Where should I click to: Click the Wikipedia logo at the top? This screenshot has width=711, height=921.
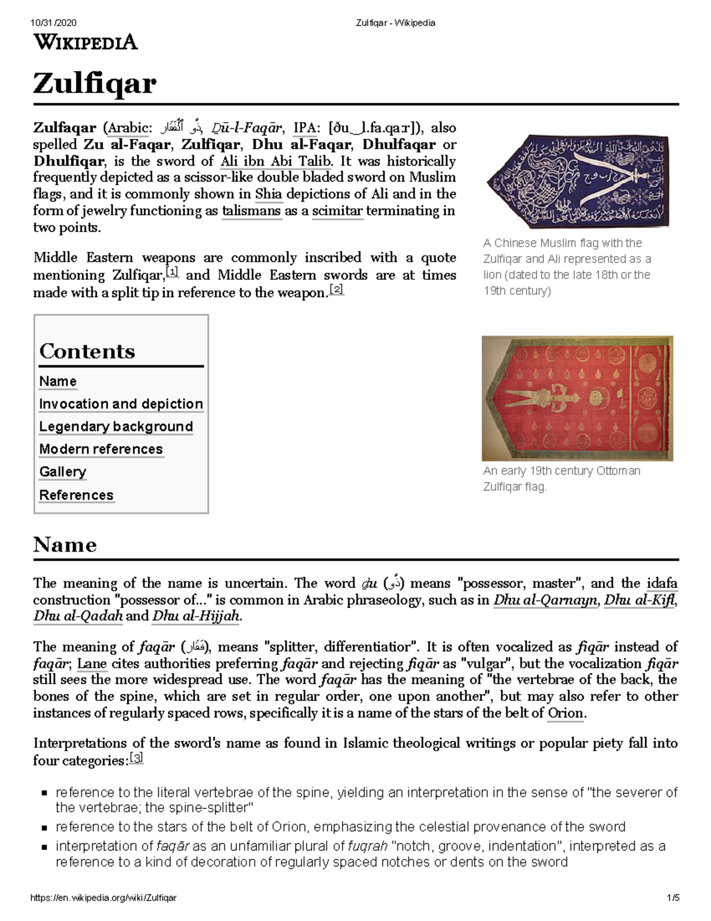pyautogui.click(x=85, y=42)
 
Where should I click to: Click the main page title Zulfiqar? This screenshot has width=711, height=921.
pyautogui.click(x=95, y=84)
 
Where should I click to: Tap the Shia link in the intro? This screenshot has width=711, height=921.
pyautogui.click(x=268, y=194)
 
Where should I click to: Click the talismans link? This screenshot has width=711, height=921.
pyautogui.click(x=251, y=211)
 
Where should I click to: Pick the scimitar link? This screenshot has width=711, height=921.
pyautogui.click(x=337, y=211)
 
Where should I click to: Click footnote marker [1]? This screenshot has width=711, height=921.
pyautogui.click(x=172, y=272)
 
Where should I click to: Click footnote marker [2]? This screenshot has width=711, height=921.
pyautogui.click(x=336, y=289)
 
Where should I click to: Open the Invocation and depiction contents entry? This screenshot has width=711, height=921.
pyautogui.click(x=121, y=404)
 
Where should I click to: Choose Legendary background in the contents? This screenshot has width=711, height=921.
pyautogui.click(x=116, y=426)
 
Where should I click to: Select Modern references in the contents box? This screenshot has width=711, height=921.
pyautogui.click(x=101, y=449)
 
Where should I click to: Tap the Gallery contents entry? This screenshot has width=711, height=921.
pyautogui.click(x=63, y=471)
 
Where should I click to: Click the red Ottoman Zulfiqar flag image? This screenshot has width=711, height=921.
pyautogui.click(x=577, y=398)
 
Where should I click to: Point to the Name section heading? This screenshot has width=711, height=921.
pyautogui.click(x=65, y=544)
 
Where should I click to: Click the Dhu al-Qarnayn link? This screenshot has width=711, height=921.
pyautogui.click(x=545, y=600)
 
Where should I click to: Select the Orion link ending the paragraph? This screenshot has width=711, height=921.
pyautogui.click(x=565, y=713)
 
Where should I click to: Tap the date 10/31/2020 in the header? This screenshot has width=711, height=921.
pyautogui.click(x=53, y=23)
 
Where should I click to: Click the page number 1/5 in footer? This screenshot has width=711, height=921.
pyautogui.click(x=672, y=898)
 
